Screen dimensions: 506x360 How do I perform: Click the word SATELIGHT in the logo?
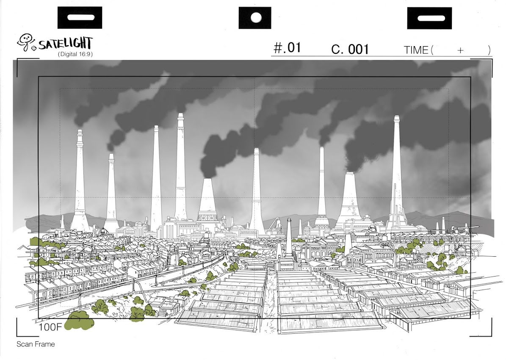[x=65, y=43]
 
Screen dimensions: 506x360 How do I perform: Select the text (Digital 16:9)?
[x=75, y=54]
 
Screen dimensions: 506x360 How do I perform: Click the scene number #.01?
[x=287, y=48]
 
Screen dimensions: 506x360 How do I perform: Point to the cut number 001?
[x=358, y=50]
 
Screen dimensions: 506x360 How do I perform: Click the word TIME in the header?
[x=416, y=50]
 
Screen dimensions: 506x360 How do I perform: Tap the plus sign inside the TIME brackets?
[x=460, y=50]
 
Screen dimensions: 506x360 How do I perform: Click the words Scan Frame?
[x=36, y=344]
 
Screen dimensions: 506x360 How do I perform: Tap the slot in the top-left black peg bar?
[x=80, y=17]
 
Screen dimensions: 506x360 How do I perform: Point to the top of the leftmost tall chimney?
[x=80, y=131]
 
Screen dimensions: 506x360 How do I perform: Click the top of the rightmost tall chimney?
[x=397, y=117]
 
